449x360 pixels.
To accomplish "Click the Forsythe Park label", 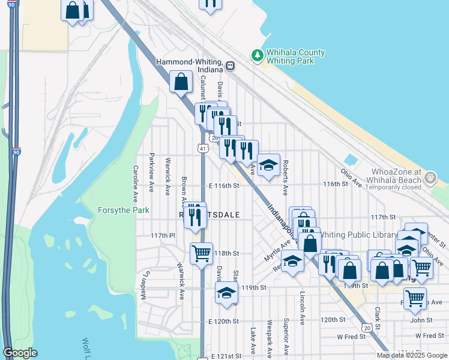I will (119, 211).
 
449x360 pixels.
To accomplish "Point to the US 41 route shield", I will (204, 148).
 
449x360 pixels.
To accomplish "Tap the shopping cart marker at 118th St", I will (201, 253).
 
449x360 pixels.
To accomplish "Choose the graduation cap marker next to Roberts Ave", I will (268, 164).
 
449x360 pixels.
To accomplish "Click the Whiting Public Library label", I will (359, 235).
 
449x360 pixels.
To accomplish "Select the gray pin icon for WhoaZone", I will (430, 178).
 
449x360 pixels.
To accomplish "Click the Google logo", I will (20, 353).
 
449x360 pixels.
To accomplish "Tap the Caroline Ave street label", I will (136, 183).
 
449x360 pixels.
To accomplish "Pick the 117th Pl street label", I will (161, 236).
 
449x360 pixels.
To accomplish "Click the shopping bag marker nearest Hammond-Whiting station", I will (181, 82).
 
